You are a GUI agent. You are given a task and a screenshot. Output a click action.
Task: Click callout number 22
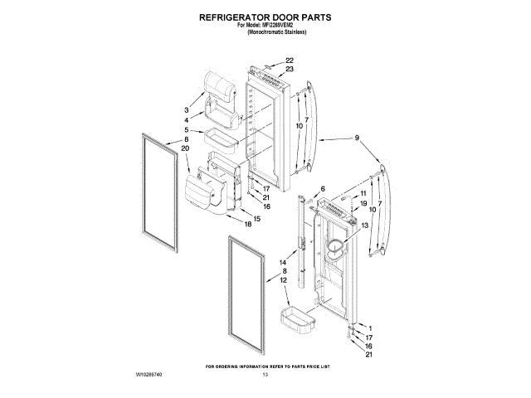point(290,61)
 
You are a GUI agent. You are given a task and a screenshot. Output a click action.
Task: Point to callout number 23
point(290,70)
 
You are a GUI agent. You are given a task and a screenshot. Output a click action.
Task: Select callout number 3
point(187,109)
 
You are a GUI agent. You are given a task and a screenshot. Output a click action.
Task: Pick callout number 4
point(187,119)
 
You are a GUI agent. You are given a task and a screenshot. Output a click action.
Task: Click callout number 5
point(187,130)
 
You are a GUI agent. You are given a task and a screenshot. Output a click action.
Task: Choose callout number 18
point(247,223)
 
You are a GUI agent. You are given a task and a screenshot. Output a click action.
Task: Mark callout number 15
point(256,218)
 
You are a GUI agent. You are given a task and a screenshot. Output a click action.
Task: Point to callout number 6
point(323,189)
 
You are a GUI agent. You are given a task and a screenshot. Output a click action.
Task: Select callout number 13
point(363,226)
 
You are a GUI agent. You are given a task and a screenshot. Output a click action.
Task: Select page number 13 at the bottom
point(265,376)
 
